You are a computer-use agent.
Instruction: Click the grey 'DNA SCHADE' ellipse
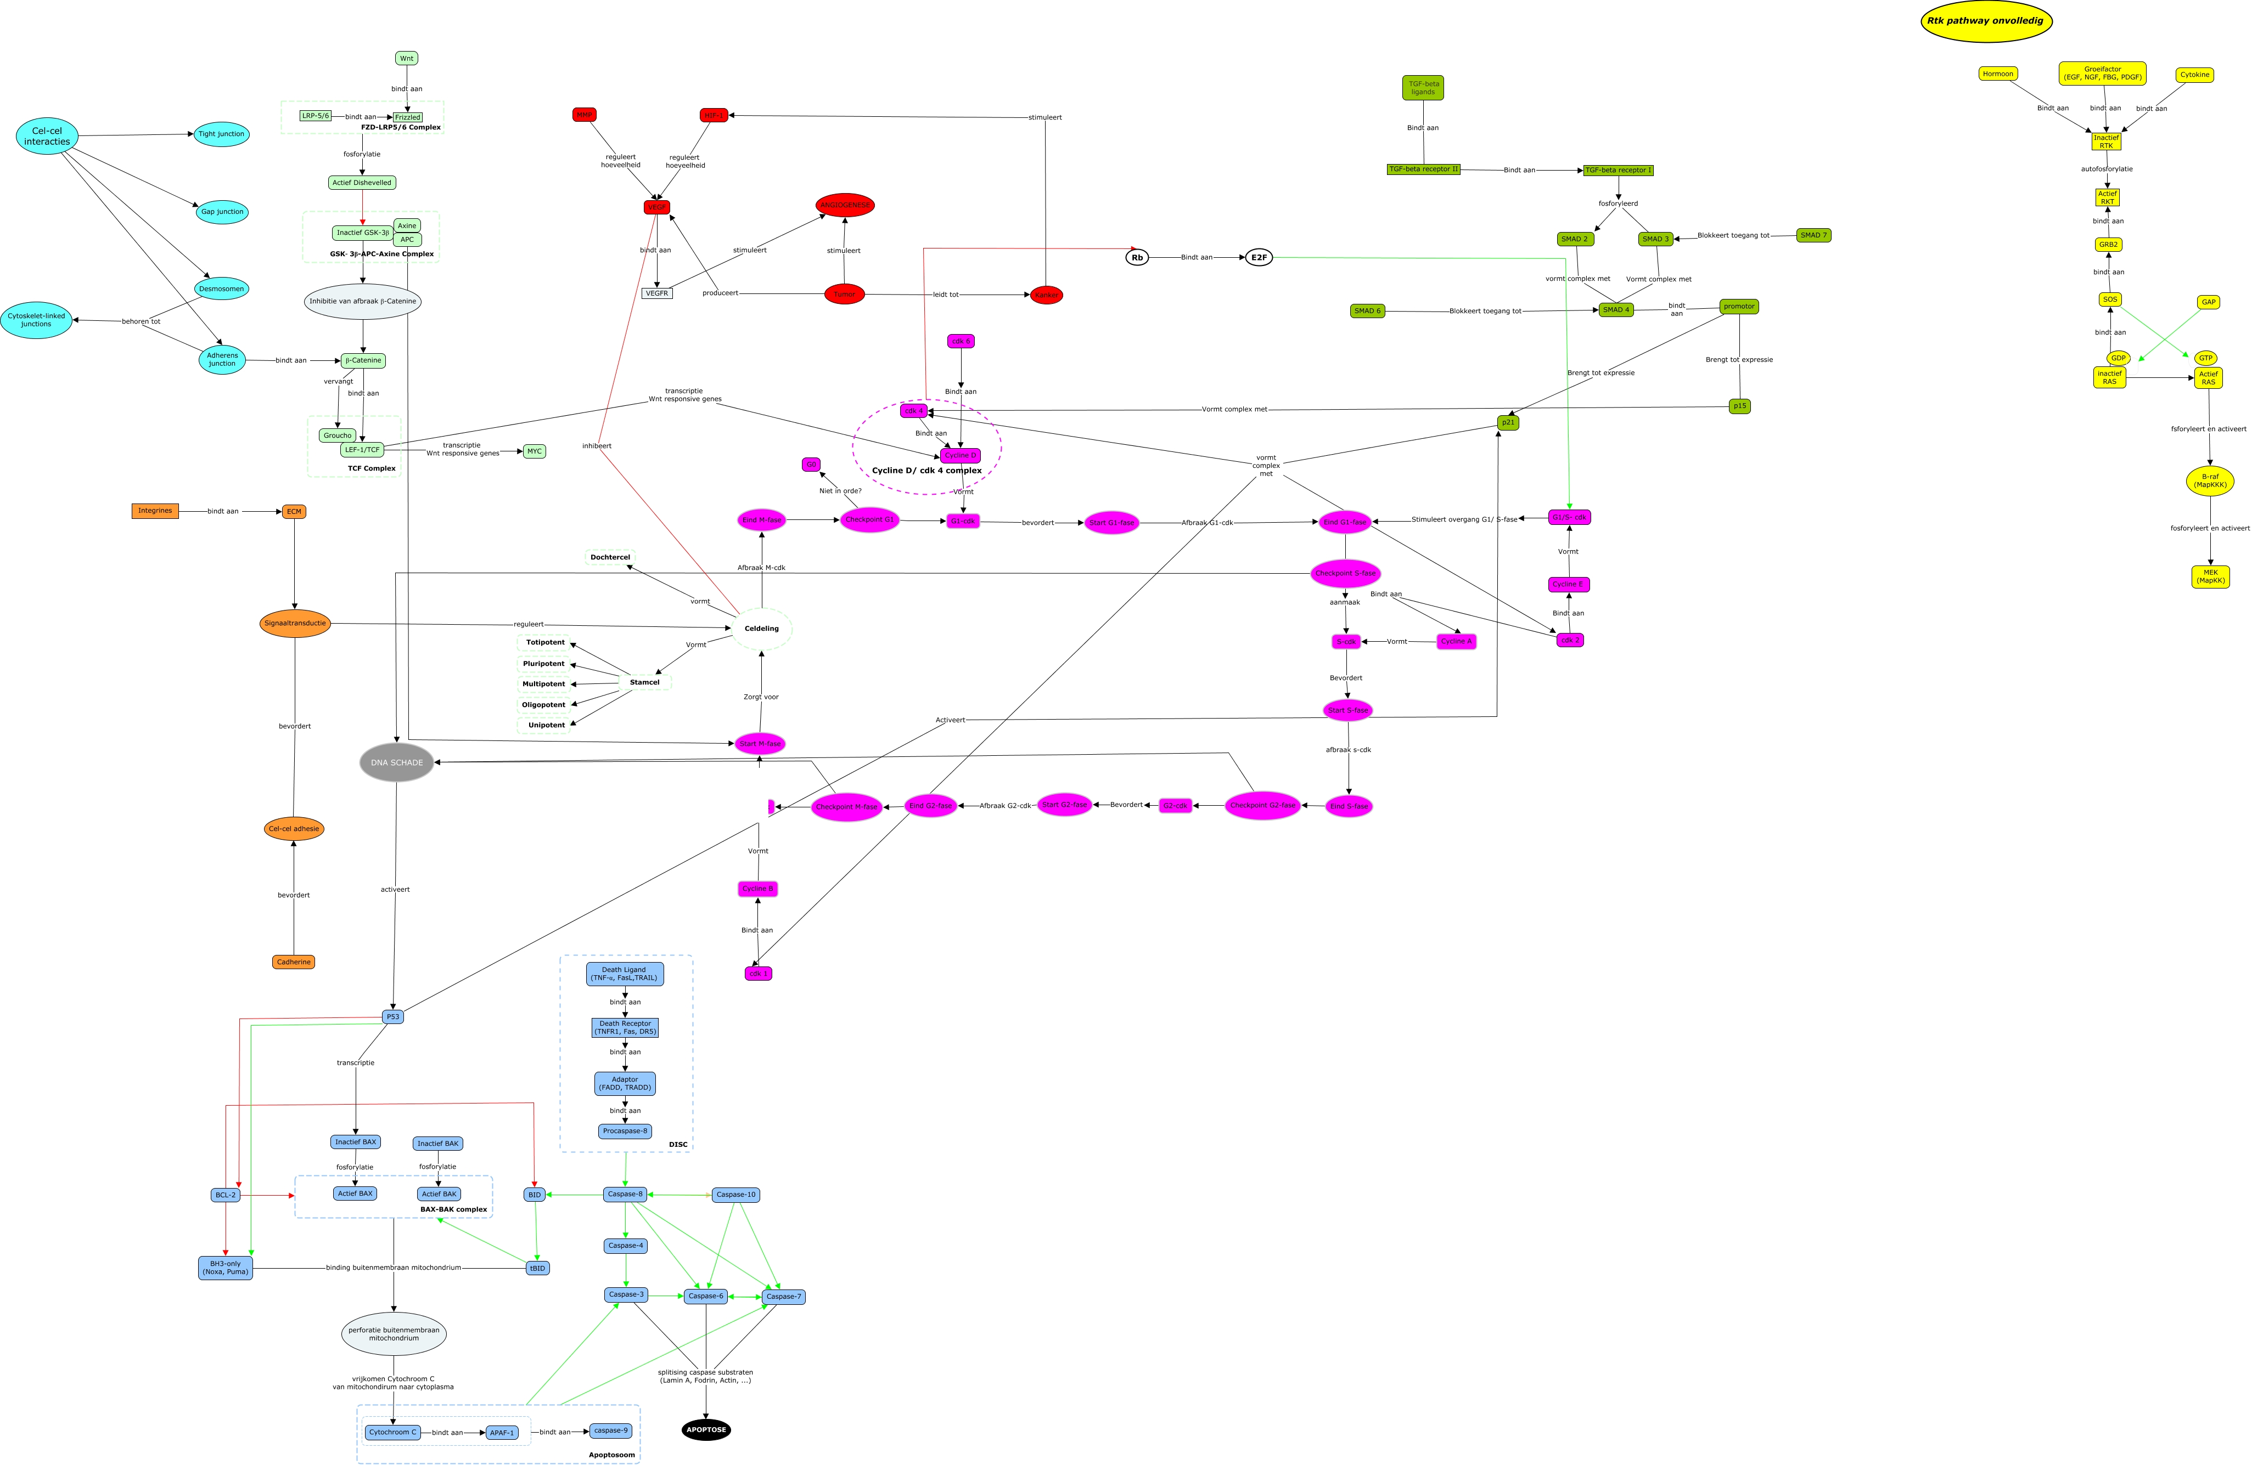396,762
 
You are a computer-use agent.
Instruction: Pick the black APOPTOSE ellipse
706,1429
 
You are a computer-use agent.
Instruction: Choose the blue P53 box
392,1017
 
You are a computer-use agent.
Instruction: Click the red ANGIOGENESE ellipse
845,205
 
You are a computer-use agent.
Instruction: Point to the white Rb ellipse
1137,257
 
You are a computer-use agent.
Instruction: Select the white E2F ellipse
1259,257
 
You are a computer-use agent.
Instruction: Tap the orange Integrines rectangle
155,511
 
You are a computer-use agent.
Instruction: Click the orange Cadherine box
293,962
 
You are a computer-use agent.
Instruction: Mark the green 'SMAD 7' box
1813,235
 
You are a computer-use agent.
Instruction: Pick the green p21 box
1508,423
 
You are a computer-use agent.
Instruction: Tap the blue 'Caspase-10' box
735,1195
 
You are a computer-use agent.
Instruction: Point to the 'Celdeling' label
762,629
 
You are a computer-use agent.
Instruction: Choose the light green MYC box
535,451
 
